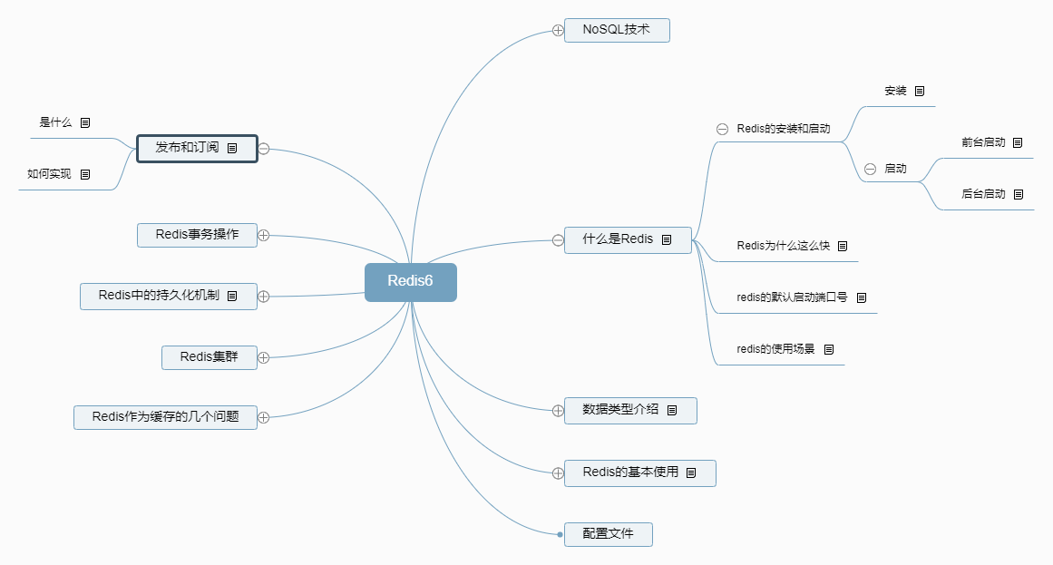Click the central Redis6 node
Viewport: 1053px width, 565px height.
[410, 281]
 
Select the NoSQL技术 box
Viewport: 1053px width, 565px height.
[617, 30]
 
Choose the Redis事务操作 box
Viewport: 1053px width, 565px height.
[197, 235]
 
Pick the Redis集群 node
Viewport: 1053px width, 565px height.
[209, 357]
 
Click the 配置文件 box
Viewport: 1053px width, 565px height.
[608, 534]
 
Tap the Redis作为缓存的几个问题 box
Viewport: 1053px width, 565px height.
[165, 417]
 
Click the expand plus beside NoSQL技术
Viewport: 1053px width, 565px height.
[558, 31]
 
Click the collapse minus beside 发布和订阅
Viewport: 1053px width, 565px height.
[264, 148]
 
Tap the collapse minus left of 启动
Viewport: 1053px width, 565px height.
[870, 169]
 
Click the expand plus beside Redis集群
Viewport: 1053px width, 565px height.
[264, 357]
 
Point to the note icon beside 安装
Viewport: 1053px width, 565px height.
[920, 91]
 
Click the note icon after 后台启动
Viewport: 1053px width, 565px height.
[1018, 194]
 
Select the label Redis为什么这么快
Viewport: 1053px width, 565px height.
[784, 246]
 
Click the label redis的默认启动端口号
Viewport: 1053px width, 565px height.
[792, 297]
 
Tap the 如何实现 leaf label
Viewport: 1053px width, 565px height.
[49, 173]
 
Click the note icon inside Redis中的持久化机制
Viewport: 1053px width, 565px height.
[231, 296]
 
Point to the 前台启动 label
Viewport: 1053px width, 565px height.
[983, 142]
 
